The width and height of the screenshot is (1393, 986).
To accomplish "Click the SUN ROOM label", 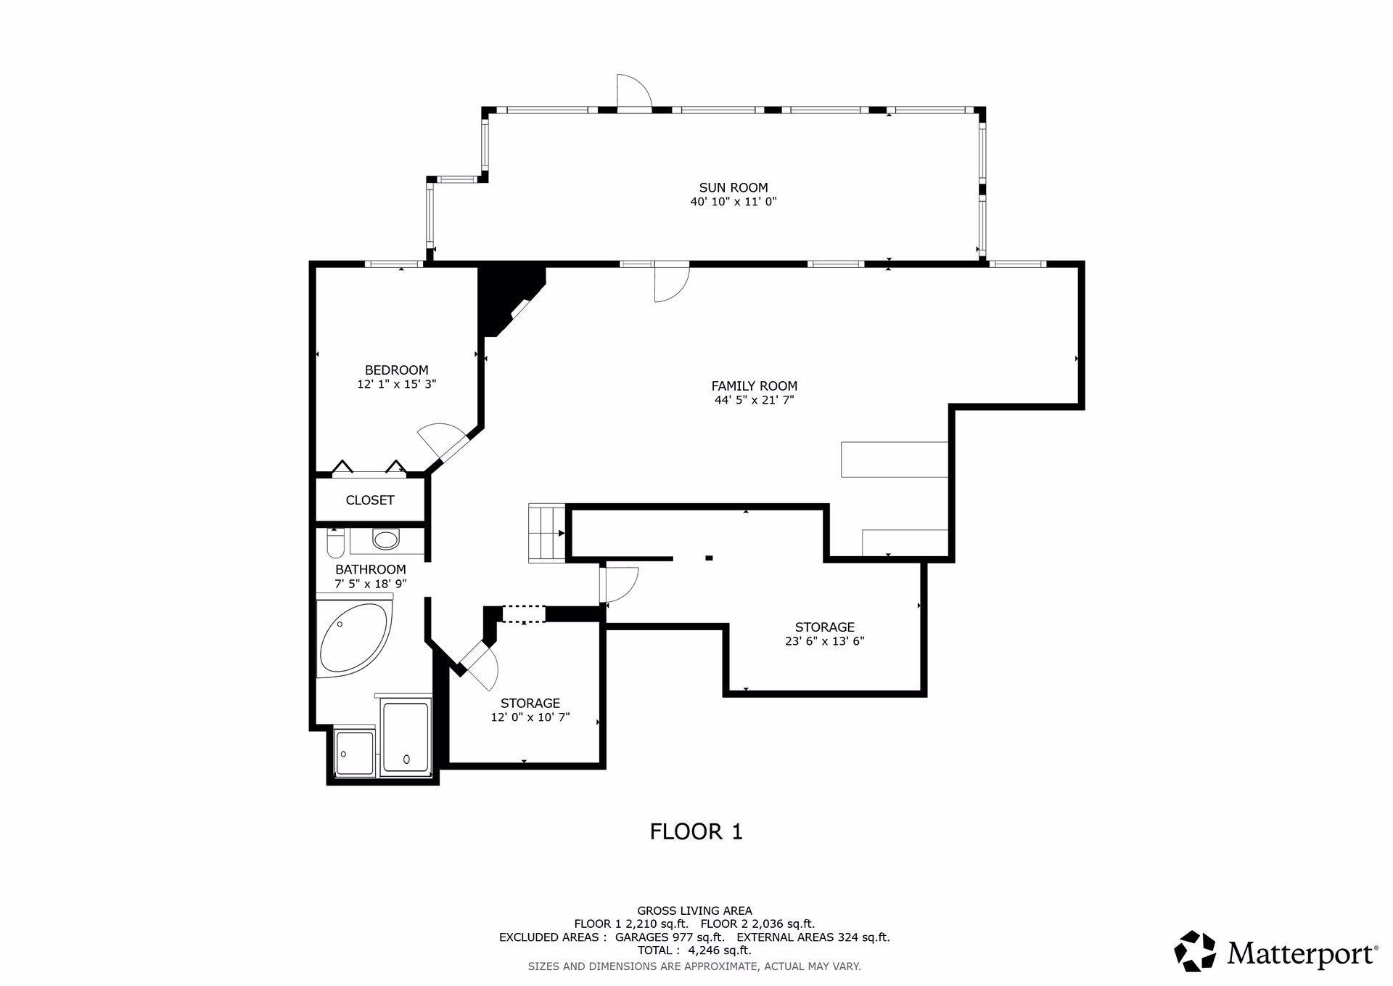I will (733, 187).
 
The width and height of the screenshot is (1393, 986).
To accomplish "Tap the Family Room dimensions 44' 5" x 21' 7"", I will (754, 400).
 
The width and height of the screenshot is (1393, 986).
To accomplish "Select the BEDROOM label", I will (396, 370).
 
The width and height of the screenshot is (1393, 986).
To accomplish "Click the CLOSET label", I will (370, 500).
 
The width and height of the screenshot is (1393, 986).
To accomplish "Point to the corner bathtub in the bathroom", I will (353, 637).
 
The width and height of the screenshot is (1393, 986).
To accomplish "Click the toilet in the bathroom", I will (335, 542).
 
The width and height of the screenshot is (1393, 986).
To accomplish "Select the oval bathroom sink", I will (385, 539).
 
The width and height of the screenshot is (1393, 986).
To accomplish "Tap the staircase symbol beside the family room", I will (546, 532).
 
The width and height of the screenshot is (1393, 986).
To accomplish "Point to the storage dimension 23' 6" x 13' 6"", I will (824, 641).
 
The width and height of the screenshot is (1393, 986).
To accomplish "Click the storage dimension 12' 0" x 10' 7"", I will (530, 717).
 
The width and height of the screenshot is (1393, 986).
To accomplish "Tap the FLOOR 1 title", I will (696, 831).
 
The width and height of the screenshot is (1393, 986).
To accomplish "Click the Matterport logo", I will (1275, 951).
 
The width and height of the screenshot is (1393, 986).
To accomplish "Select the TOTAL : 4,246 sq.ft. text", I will (694, 950).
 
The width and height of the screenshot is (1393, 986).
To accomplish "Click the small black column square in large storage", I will (709, 558).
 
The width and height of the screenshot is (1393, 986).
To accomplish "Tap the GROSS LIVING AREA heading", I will (694, 910).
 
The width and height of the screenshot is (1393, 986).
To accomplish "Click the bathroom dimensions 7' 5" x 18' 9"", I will (370, 583).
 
